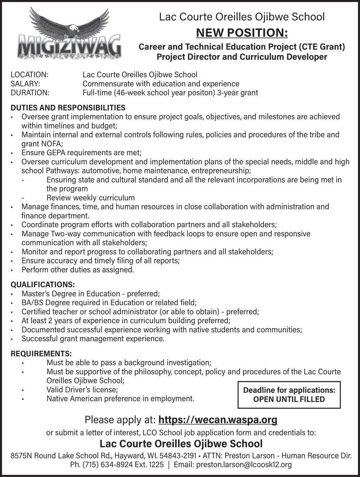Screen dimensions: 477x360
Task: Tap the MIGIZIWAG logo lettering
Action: pos(69,45)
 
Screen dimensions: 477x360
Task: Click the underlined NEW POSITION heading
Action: pos(242,33)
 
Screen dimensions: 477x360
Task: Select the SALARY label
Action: pos(25,84)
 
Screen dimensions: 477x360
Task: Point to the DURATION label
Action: pos(30,93)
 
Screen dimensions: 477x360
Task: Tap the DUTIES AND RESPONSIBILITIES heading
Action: pos(68,108)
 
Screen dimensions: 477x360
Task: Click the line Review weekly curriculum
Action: pos(90,198)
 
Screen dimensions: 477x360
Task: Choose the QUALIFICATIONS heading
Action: pos(43,285)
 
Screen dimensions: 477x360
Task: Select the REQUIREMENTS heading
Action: pos(41,354)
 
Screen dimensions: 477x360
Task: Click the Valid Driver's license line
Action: pos(82,390)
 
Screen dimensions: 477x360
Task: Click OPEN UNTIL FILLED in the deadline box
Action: pos(289,399)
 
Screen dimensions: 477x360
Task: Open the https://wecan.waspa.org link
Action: pos(218,420)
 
